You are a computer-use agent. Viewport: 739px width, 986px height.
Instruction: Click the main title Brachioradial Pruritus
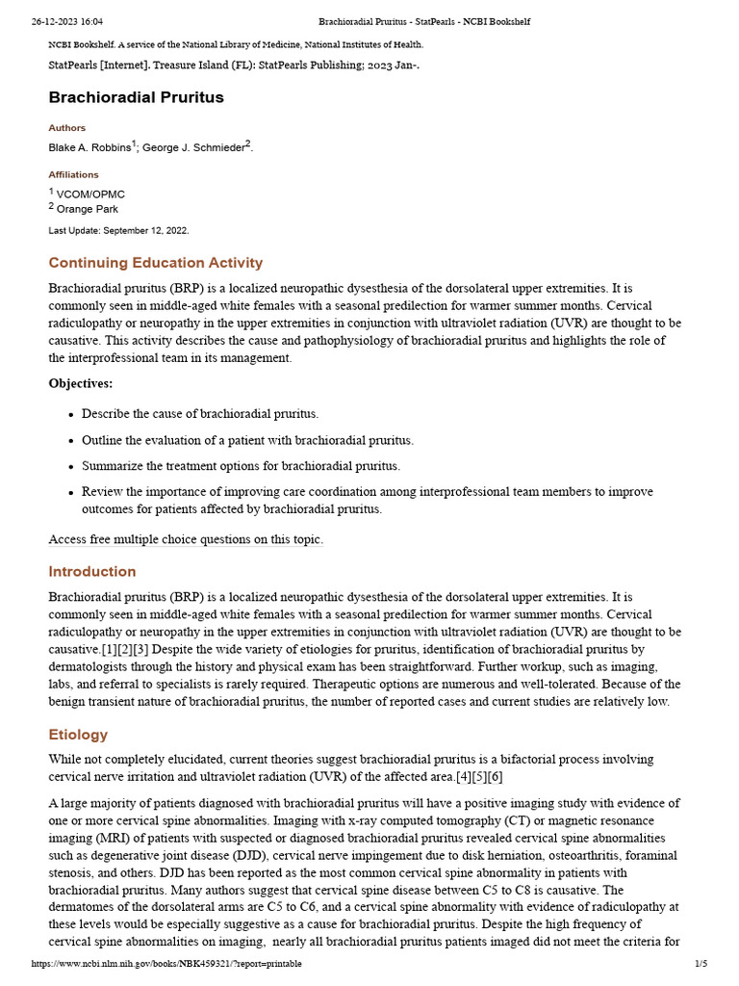pos(137,97)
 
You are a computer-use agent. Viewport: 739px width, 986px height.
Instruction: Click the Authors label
pos(67,128)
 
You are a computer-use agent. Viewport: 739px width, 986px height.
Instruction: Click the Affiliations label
pos(74,175)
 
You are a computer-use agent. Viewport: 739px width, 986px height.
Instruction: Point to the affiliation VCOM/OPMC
pos(90,195)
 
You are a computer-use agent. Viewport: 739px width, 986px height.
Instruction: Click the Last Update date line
pos(119,231)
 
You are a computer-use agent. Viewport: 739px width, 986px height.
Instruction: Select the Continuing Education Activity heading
pos(156,263)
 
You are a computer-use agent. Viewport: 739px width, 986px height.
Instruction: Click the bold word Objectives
pos(81,383)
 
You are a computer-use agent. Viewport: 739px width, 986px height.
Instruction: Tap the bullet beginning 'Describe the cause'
pos(200,414)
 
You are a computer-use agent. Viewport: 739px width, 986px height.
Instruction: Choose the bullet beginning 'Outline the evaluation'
pos(247,440)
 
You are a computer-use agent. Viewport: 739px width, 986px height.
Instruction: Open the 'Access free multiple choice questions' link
pos(186,539)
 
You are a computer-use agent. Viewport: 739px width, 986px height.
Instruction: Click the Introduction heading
pos(92,572)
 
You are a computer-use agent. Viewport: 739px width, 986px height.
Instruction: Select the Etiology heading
pos(78,735)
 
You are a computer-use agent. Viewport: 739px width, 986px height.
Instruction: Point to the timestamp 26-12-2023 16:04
pos(67,21)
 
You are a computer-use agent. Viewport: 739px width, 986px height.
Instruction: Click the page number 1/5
pos(701,964)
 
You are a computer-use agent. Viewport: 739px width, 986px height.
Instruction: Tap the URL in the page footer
pos(166,964)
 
